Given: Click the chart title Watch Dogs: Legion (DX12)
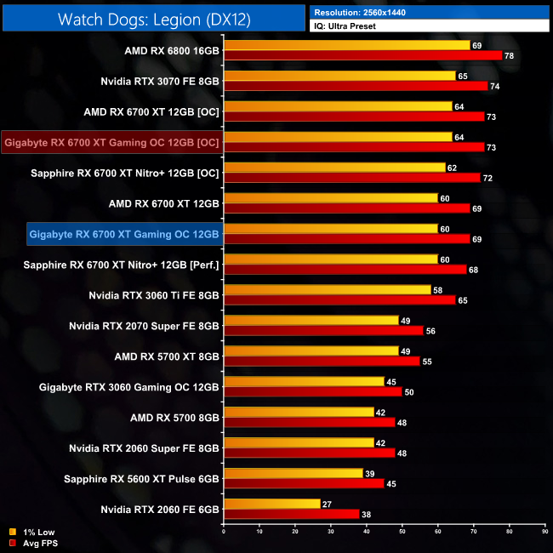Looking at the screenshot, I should click(154, 18).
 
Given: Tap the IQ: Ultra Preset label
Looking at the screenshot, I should click(345, 26).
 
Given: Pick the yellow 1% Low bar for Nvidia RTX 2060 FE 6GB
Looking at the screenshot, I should click(271, 504).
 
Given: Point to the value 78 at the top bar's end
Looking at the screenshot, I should click(509, 55).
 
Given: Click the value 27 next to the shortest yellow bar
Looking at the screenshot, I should click(328, 504).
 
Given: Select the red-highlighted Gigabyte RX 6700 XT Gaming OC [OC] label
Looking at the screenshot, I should click(111, 142).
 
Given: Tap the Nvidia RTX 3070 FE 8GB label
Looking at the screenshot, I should click(160, 81).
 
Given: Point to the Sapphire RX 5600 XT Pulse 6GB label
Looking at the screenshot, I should click(141, 479).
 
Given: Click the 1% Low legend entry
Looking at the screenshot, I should click(33, 533).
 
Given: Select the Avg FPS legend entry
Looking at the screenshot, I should click(34, 542).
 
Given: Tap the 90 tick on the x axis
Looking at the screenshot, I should click(544, 532).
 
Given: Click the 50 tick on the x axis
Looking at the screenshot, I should click(402, 532).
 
